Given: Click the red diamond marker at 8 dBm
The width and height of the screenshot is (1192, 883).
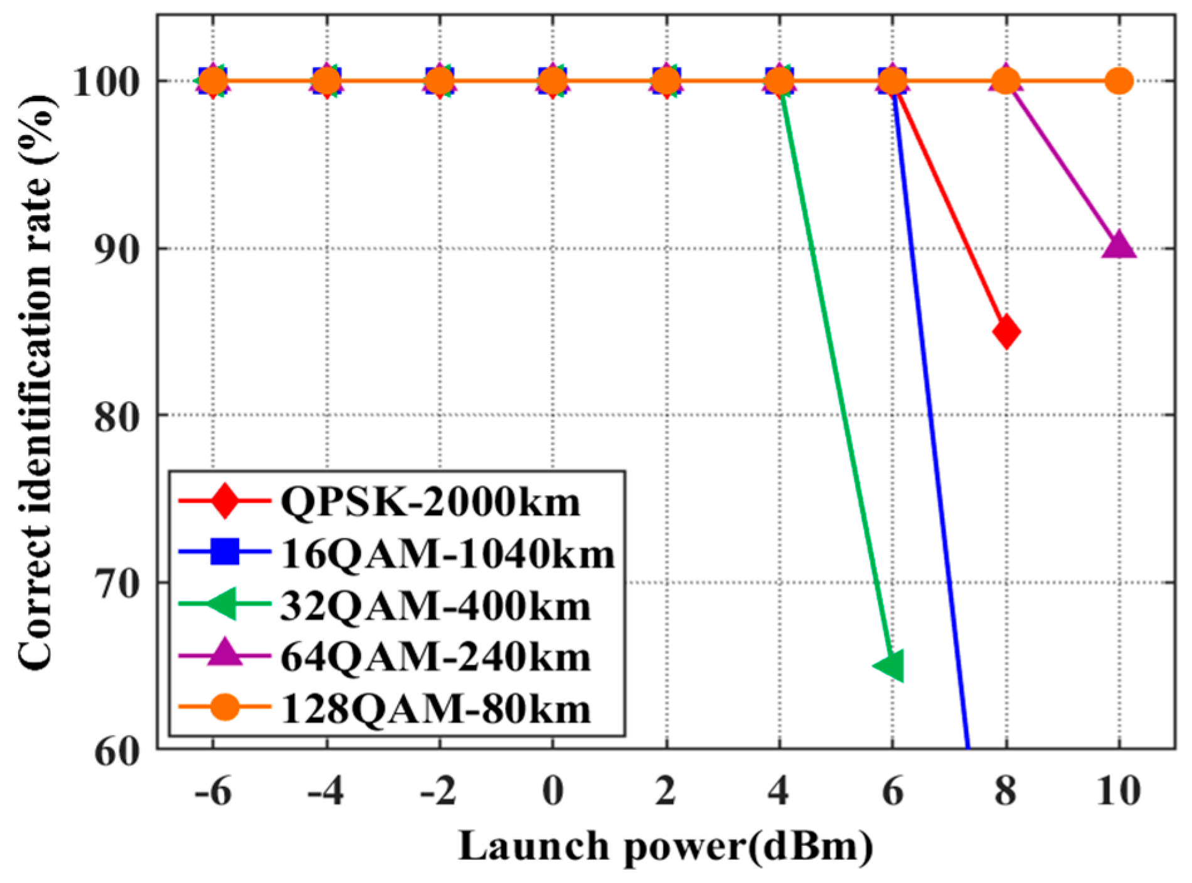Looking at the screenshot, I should (x=1006, y=332).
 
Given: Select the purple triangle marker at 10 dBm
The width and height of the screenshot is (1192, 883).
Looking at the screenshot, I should (x=1119, y=246).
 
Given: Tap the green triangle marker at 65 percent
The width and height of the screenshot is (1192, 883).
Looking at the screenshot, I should (x=890, y=666).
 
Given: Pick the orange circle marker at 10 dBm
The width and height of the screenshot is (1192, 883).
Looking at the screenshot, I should (x=1119, y=81).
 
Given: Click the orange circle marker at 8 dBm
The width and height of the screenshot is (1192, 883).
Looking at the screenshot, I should (x=1006, y=81).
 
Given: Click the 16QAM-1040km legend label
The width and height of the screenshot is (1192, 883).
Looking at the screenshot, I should (x=447, y=554).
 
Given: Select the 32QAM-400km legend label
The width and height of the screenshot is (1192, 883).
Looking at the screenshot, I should (x=435, y=606).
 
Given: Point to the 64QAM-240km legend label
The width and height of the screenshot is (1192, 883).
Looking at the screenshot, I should (x=435, y=658).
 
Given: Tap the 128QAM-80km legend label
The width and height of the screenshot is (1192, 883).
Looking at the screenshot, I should (x=435, y=709).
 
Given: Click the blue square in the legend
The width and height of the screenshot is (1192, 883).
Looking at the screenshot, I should (x=225, y=552).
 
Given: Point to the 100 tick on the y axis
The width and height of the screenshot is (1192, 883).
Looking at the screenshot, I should (x=107, y=82).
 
